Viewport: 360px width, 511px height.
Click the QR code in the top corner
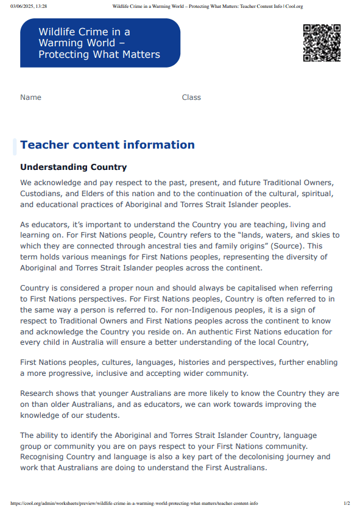click(x=322, y=43)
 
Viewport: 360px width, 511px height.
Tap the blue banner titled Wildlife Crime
click(x=100, y=43)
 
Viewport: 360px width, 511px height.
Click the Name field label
click(x=30, y=97)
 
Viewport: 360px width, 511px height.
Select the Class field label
click(x=191, y=97)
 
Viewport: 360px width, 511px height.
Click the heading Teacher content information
click(x=107, y=145)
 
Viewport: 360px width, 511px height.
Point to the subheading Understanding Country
click(x=73, y=167)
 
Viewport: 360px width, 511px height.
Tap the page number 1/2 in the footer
click(x=347, y=504)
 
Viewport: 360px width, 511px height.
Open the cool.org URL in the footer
click(x=134, y=504)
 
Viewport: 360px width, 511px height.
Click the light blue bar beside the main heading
click(x=15, y=146)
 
